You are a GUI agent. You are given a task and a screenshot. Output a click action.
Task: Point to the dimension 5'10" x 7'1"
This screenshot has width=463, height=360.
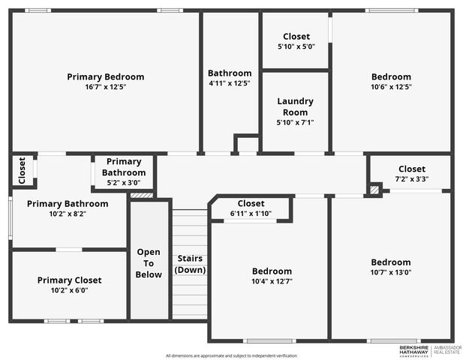[295, 122]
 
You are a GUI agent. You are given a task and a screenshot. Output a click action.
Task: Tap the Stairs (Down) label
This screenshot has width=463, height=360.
[191, 264]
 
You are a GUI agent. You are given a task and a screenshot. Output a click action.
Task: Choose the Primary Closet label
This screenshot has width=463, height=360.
[69, 280]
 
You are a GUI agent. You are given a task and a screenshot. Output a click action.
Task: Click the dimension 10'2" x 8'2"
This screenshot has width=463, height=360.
[69, 214]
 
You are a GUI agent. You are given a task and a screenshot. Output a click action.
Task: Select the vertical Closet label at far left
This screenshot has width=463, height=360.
[22, 170]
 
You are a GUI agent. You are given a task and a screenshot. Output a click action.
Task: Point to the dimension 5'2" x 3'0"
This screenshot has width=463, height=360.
[124, 182]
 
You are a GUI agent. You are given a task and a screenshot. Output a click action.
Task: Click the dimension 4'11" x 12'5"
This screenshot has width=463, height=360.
[229, 83]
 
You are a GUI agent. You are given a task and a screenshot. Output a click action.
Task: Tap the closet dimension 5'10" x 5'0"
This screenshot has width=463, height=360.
[296, 46]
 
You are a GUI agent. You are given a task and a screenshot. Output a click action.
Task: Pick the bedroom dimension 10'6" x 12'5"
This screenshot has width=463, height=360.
[391, 86]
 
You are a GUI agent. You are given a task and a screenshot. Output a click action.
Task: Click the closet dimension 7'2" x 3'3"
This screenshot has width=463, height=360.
[411, 179]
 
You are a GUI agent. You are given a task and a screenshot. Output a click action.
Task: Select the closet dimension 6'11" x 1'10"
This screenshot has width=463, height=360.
[251, 214]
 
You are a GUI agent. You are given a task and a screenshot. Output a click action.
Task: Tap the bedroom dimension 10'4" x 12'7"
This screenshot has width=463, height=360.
[272, 281]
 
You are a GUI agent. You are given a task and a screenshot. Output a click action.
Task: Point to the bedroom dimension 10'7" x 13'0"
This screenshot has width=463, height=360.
[391, 272]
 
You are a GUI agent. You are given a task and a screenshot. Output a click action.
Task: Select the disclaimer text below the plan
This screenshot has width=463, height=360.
[231, 355]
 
